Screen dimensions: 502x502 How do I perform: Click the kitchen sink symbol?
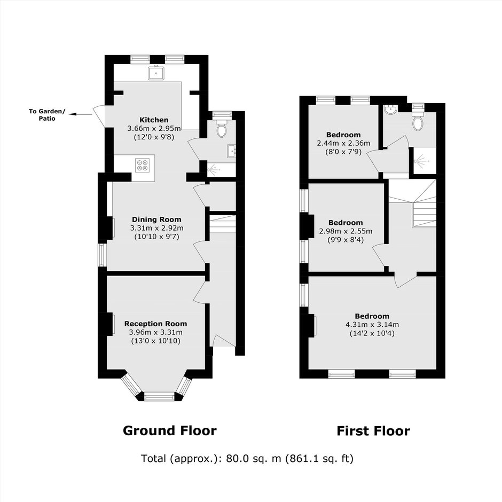coord(156,73)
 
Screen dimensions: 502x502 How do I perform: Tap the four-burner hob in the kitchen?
coord(142,165)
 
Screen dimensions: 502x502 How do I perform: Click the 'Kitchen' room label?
coord(154,120)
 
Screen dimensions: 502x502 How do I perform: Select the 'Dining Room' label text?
coord(156,219)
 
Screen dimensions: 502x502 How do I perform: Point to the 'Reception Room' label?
coord(155,324)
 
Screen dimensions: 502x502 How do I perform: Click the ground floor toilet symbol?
coord(222,128)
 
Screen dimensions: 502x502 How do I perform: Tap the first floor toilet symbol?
coord(418,121)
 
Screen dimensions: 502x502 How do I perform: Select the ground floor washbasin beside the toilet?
coord(231,151)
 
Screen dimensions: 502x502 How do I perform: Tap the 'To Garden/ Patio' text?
coord(47,115)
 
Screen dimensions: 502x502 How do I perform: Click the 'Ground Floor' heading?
coord(170,430)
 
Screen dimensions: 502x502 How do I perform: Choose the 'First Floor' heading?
coord(373,431)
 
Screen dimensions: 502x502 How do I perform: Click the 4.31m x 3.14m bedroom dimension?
coord(372,325)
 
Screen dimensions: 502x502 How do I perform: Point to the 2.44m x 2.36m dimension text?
coord(343,143)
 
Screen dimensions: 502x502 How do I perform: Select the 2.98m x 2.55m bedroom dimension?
coord(346,231)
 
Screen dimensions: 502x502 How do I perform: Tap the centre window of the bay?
coord(159,397)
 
